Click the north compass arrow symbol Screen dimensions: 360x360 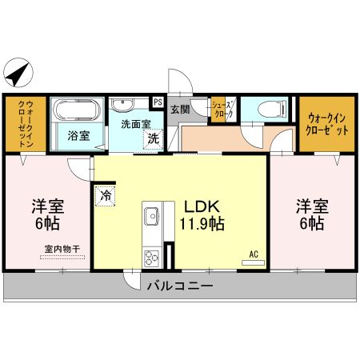[x=18, y=74]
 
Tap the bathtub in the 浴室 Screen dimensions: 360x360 [x=77, y=110]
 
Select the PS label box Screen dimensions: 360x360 [x=158, y=102]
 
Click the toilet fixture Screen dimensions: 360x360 [x=273, y=108]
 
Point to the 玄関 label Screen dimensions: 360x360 [x=180, y=109]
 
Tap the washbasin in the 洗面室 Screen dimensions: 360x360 [x=122, y=104]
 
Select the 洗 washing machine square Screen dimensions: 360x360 [x=153, y=139]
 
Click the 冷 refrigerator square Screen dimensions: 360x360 [x=106, y=196]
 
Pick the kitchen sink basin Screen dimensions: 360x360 [x=151, y=216]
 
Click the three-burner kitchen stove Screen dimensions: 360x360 [x=151, y=258]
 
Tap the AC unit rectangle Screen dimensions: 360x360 [x=253, y=262]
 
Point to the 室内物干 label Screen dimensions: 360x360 [x=62, y=249]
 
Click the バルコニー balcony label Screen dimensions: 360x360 [x=180, y=286]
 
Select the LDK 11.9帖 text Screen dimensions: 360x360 [x=202, y=214]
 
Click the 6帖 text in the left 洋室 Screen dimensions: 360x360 [x=48, y=223]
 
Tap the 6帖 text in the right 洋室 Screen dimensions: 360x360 [x=312, y=223]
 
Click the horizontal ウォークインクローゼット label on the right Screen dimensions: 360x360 [x=327, y=124]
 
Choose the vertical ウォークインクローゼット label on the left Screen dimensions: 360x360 [x=26, y=123]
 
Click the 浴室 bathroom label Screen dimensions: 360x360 [x=78, y=136]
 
